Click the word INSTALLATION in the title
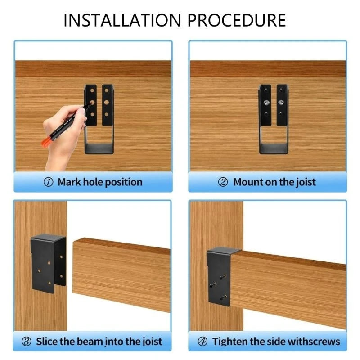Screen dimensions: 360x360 click(x=121, y=20)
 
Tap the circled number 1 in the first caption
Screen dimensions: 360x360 click(x=49, y=182)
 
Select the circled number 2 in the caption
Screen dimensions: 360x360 click(x=223, y=182)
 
